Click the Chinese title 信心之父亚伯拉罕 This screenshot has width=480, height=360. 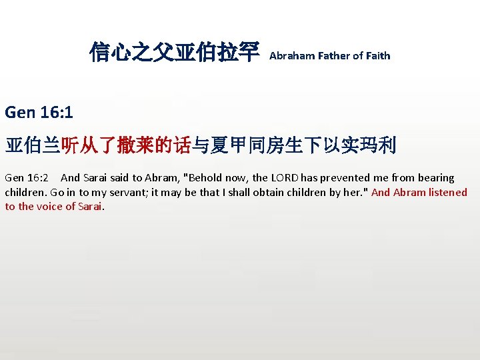(x=174, y=53)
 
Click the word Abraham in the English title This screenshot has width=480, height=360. (x=290, y=56)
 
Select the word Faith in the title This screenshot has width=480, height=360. (x=377, y=56)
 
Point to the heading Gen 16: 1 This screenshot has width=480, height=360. (x=38, y=113)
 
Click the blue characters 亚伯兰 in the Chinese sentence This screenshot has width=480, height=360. (x=33, y=145)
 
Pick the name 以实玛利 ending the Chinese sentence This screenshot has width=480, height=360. (x=368, y=145)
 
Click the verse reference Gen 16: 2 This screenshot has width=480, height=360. (x=26, y=178)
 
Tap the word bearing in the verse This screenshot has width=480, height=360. (x=436, y=178)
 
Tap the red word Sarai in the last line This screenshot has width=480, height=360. (x=91, y=207)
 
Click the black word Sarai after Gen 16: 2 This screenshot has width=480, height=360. (x=100, y=178)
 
